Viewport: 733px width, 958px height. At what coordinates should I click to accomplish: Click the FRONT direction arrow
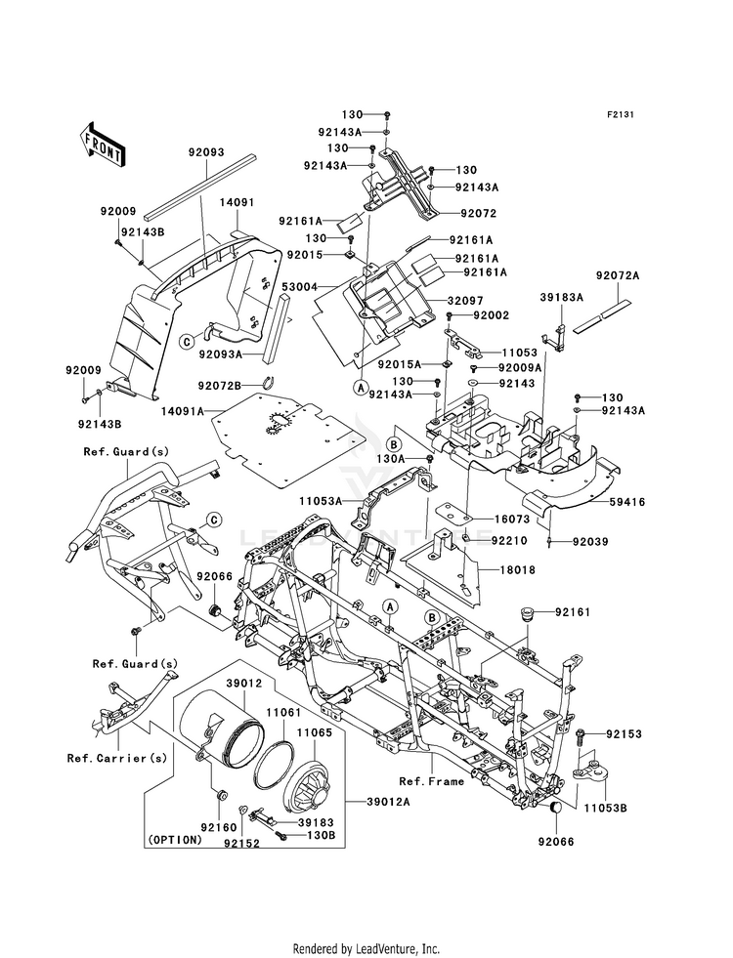click(x=102, y=144)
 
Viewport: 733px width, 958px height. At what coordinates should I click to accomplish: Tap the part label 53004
click(x=299, y=285)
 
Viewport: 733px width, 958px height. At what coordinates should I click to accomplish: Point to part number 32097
click(x=465, y=301)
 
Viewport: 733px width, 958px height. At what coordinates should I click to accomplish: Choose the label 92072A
click(x=618, y=275)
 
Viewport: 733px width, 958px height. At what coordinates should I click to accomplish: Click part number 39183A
click(x=561, y=297)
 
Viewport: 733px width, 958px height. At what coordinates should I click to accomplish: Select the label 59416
click(x=626, y=502)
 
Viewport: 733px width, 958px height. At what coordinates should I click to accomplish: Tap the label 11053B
click(x=605, y=808)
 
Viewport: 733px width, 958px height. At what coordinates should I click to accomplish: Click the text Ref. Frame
click(x=432, y=781)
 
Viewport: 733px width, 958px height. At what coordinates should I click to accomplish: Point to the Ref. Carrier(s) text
click(x=116, y=758)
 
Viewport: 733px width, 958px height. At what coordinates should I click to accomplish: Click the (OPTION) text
click(x=174, y=840)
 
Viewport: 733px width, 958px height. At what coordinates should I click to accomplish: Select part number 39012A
click(x=388, y=802)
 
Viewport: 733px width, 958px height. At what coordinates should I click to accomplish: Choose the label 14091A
click(x=182, y=411)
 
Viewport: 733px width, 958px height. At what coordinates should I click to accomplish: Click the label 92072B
click(x=219, y=385)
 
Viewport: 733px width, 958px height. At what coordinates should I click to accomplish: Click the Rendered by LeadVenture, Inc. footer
click(x=366, y=948)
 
